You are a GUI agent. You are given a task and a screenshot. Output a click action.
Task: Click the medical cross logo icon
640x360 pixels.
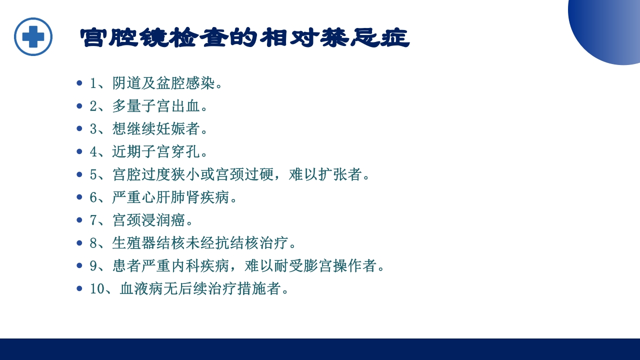click(33, 36)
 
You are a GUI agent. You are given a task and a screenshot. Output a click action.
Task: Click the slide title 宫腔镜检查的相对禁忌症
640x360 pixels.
click(244, 38)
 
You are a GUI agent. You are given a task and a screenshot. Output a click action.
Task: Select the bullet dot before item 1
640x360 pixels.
click(79, 83)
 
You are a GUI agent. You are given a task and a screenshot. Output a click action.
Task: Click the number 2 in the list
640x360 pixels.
click(93, 106)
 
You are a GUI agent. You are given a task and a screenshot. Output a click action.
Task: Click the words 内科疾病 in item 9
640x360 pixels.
click(193, 266)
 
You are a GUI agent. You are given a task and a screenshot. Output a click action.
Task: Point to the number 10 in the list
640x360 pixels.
click(96, 289)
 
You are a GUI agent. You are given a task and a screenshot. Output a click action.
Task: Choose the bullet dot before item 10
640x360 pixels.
click(79, 289)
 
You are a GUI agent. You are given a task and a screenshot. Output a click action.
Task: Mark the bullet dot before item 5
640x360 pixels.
click(79, 174)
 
